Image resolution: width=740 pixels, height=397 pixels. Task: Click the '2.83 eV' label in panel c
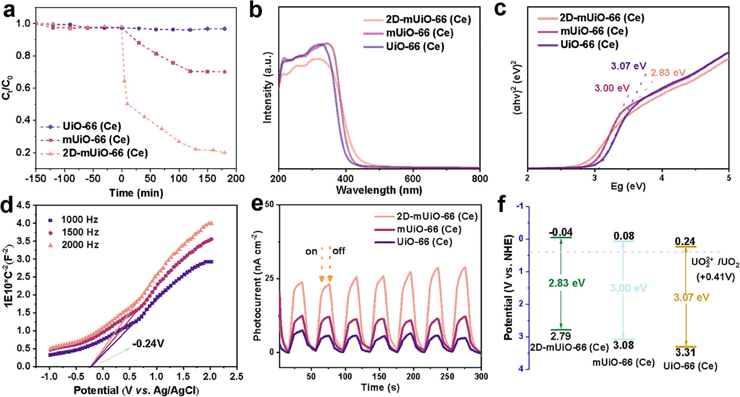click(669, 72)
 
